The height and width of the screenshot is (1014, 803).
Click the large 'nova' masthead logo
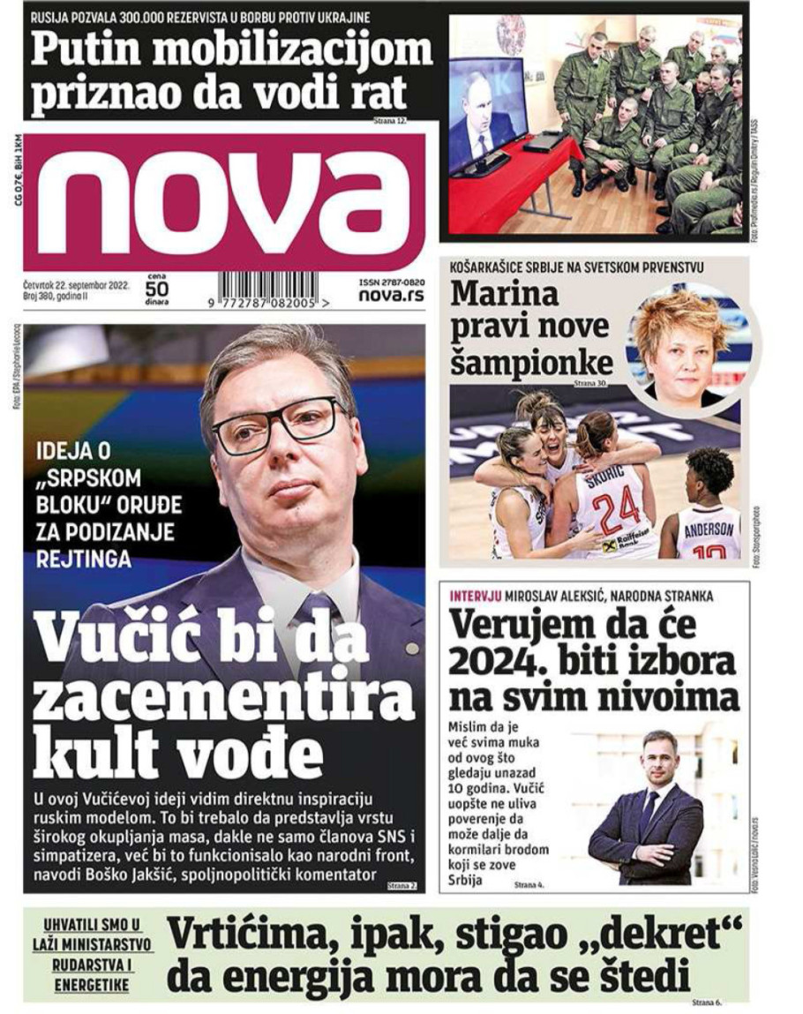[x=225, y=201]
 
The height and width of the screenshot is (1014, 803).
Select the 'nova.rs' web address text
[x=391, y=296]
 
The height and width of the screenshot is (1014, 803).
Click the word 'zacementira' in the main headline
[x=223, y=702]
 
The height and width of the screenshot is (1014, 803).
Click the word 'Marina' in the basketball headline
[x=505, y=295]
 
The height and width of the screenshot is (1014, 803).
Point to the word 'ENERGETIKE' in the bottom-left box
[x=91, y=984]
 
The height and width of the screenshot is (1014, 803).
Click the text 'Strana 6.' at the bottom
[x=707, y=1003]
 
